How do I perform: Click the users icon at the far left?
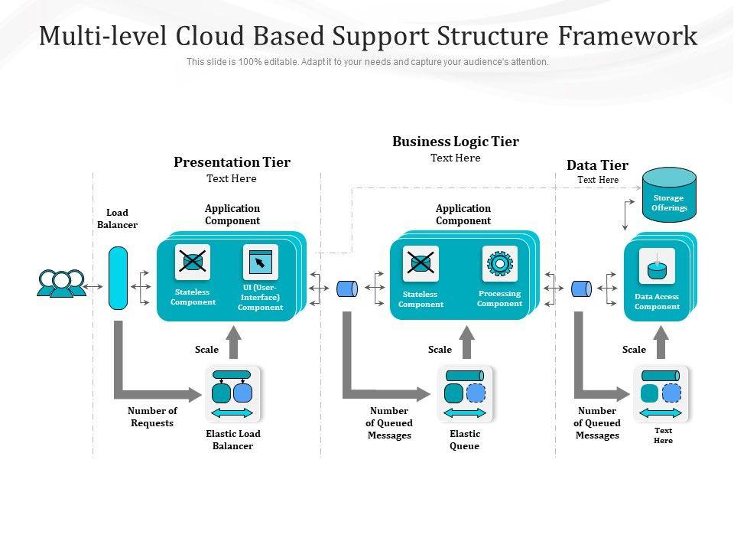tap(61, 283)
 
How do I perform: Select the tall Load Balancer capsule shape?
tap(118, 278)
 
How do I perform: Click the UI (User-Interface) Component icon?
tap(260, 262)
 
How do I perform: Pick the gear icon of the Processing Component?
tap(499, 263)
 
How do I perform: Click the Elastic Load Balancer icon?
tap(232, 394)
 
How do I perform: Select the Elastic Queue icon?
tap(465, 394)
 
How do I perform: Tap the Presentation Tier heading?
tap(232, 162)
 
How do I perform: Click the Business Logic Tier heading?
tap(455, 142)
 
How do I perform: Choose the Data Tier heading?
tap(597, 165)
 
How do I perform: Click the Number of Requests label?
tap(152, 417)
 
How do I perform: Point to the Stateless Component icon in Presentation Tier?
tap(193, 262)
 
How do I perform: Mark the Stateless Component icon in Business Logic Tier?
tap(421, 264)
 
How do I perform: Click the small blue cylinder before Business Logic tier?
tap(347, 289)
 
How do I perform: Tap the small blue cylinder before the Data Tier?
tap(581, 289)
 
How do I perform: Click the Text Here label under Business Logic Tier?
tap(455, 158)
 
